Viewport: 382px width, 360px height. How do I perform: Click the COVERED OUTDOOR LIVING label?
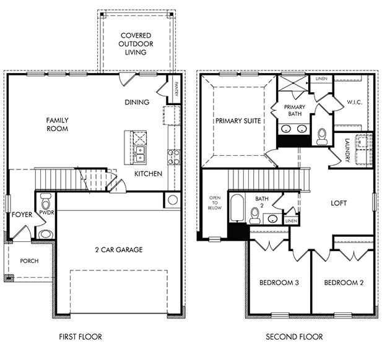pyautogui.click(x=134, y=44)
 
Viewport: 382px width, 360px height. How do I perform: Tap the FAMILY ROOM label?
pyautogui.click(x=56, y=124)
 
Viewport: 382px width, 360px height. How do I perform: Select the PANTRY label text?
pyautogui.click(x=176, y=90)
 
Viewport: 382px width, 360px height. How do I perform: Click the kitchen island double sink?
pyautogui.click(x=141, y=150)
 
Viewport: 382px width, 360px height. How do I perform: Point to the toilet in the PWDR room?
pyautogui.click(x=45, y=202)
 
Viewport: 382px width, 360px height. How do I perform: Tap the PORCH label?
pyautogui.click(x=28, y=261)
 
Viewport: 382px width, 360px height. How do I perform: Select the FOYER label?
pyautogui.click(x=22, y=215)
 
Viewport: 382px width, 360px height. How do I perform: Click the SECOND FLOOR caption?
pyautogui.click(x=294, y=337)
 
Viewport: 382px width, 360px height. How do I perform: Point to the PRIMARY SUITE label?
pyautogui.click(x=238, y=121)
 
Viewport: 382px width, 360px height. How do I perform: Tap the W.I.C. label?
pyautogui.click(x=354, y=102)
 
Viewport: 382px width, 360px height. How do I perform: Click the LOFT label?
pyautogui.click(x=339, y=203)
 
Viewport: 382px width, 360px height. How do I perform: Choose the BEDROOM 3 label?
pyautogui.click(x=279, y=283)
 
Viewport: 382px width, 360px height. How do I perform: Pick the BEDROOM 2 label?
pyautogui.click(x=343, y=283)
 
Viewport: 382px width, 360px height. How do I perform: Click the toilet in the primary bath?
pyautogui.click(x=321, y=136)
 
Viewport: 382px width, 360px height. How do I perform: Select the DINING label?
pyautogui.click(x=137, y=102)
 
